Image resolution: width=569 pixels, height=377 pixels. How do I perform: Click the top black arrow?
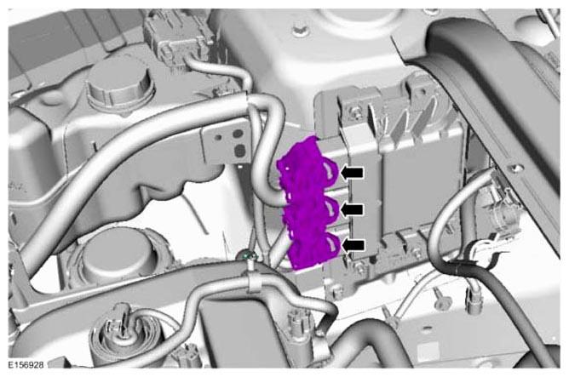coord(352,173)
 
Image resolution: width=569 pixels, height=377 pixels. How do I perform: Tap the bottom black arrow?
coord(353,245)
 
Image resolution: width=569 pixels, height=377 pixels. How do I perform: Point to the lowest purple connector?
coord(314,248)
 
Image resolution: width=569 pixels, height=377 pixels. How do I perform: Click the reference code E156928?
coord(26,365)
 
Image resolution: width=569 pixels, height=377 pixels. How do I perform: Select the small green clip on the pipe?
coord(248,256)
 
